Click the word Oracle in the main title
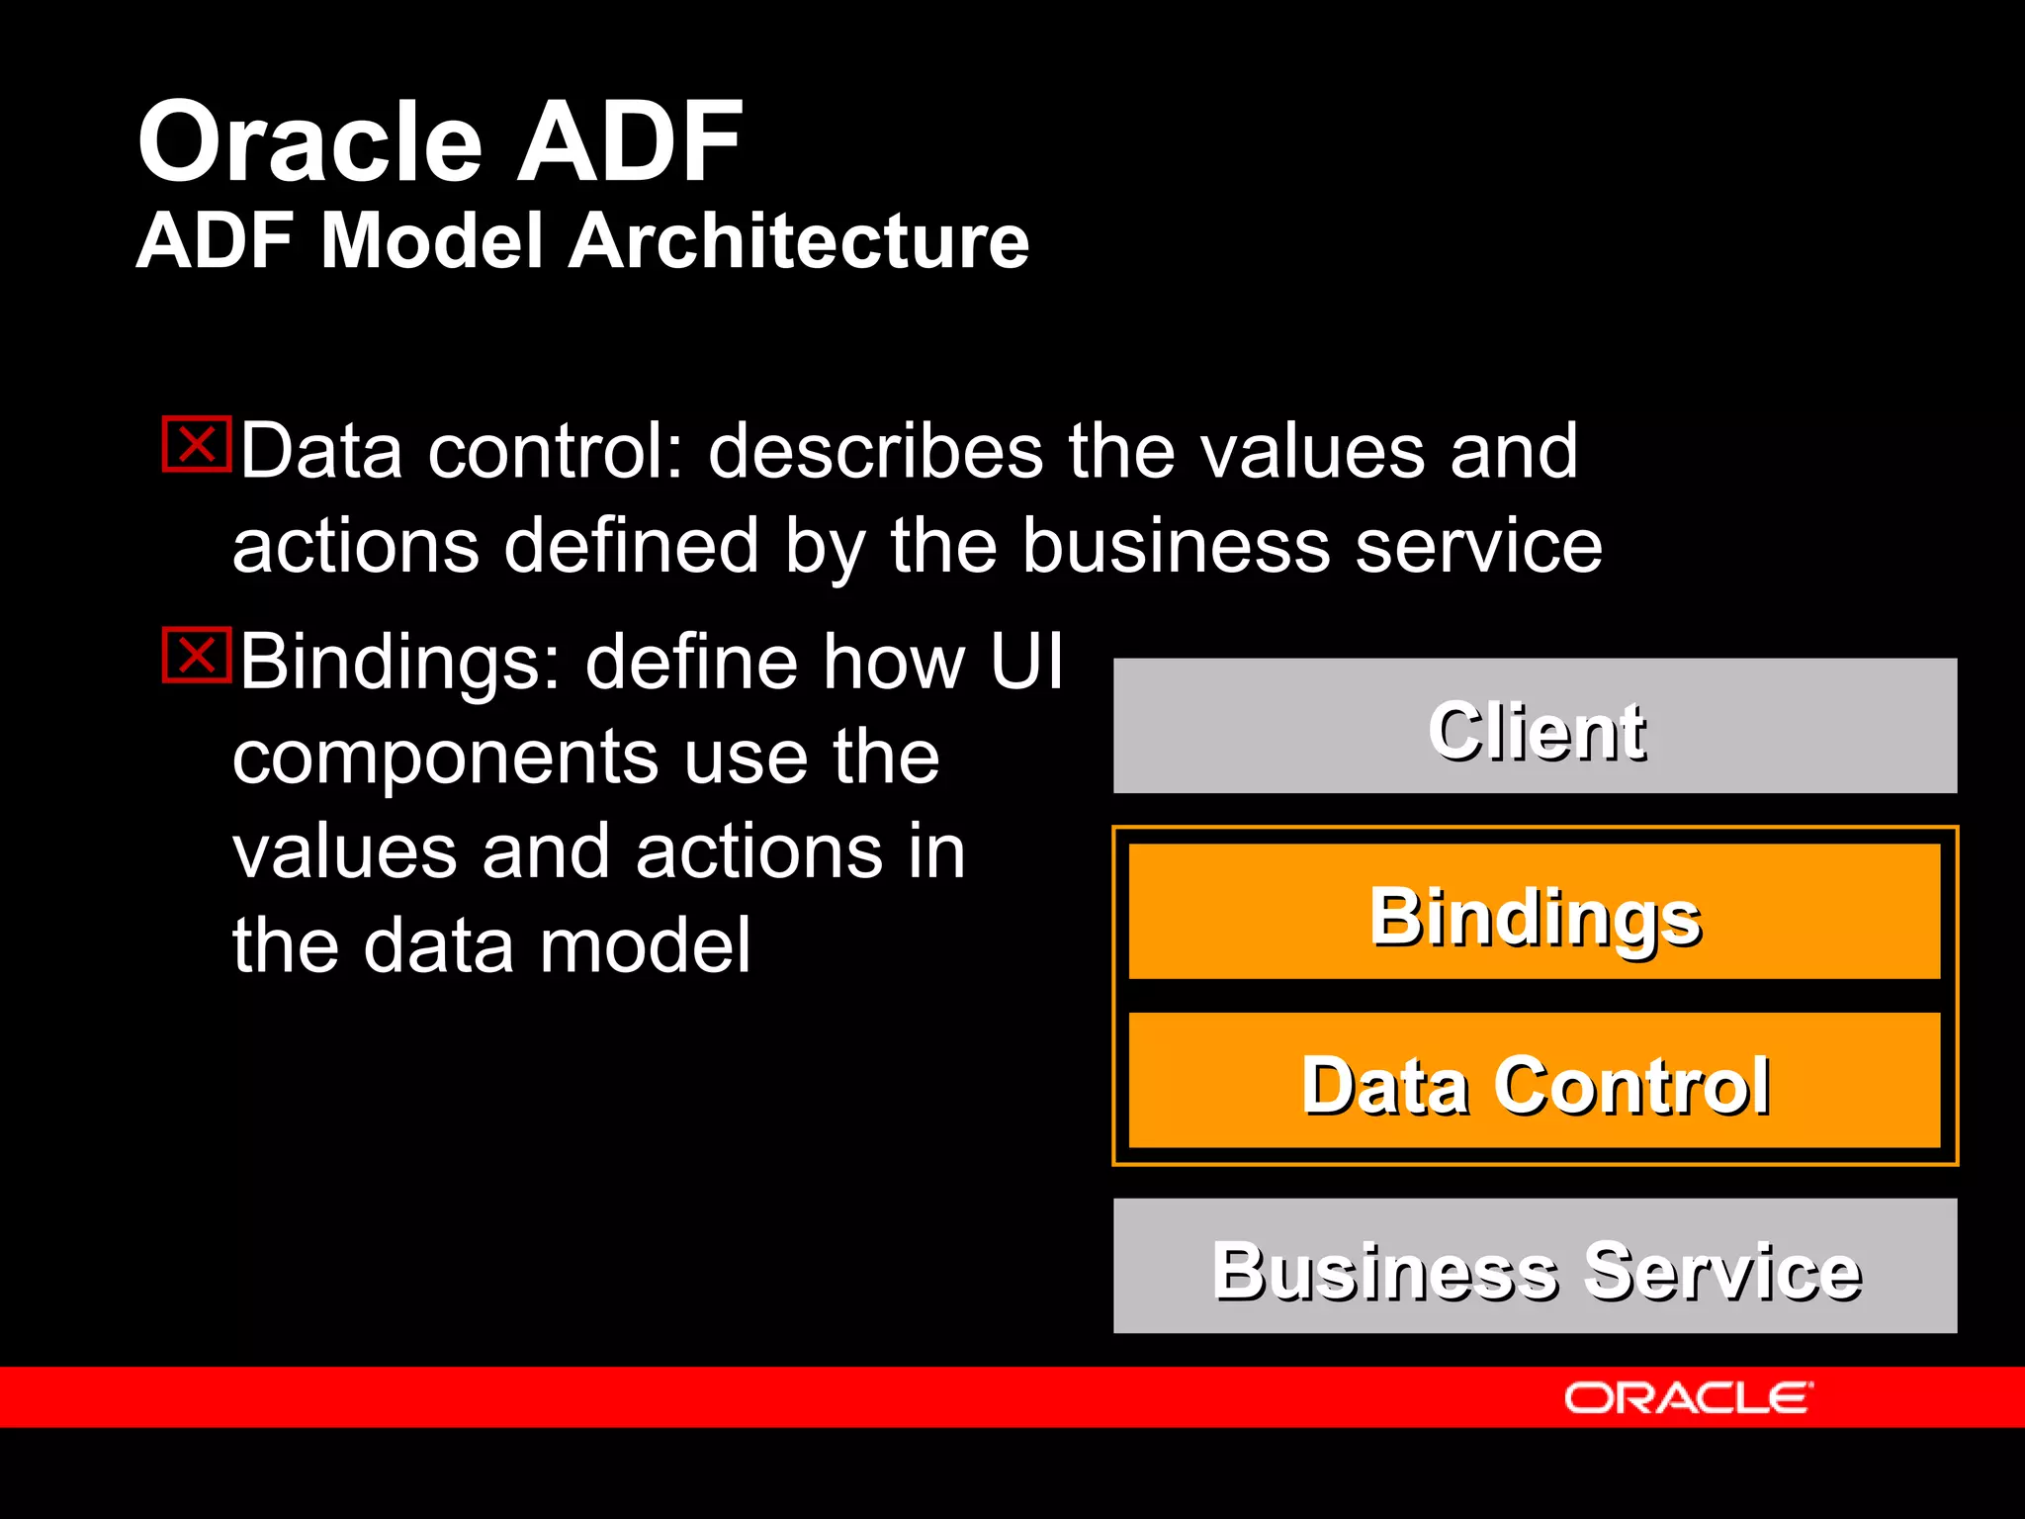tap(309, 142)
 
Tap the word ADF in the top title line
tap(629, 142)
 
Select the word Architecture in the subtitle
tap(799, 241)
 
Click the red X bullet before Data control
tap(197, 444)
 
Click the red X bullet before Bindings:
tap(197, 655)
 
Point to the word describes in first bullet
tap(875, 452)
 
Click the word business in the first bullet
tap(1175, 546)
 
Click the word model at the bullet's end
tap(646, 945)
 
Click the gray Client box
tap(1535, 726)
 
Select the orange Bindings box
tap(1535, 912)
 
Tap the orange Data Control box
tap(1535, 1081)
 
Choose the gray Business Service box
tap(1535, 1266)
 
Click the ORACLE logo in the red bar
tap(1687, 1397)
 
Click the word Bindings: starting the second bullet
tap(400, 663)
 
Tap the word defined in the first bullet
tap(631, 546)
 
